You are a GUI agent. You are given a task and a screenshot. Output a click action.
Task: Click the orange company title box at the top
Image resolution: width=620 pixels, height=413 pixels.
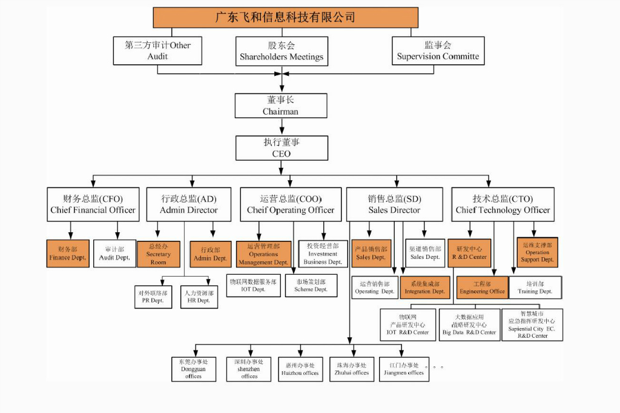click(x=285, y=18)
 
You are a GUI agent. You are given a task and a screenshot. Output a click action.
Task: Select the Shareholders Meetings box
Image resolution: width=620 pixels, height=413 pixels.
click(x=282, y=51)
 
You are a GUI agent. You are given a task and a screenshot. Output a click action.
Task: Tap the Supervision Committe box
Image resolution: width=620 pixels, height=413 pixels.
click(x=438, y=51)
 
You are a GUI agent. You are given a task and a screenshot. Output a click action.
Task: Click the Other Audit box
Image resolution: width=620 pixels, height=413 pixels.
click(x=157, y=51)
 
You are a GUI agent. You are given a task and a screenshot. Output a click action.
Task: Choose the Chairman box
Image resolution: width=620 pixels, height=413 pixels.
click(x=281, y=106)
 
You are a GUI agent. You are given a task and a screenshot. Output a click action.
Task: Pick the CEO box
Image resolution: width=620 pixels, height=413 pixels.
click(x=282, y=148)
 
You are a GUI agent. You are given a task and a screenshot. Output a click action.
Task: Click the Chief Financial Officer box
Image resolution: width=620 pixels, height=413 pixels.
click(x=93, y=204)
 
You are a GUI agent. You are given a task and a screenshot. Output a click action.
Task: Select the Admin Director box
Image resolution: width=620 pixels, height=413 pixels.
click(x=189, y=204)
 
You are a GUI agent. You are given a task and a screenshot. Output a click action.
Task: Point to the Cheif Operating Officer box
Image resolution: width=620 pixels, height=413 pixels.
click(x=291, y=204)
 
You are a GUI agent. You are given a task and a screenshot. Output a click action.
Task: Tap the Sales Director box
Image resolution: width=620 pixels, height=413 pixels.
click(x=395, y=204)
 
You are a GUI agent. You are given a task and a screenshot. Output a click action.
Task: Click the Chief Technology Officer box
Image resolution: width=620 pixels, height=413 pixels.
click(x=503, y=204)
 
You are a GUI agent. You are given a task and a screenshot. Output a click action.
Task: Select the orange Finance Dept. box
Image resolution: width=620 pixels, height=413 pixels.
click(x=68, y=254)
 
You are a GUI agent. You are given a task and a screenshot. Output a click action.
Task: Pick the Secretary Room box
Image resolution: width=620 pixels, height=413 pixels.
click(x=158, y=254)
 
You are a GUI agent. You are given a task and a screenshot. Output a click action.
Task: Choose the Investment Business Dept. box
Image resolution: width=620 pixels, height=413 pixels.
click(x=323, y=254)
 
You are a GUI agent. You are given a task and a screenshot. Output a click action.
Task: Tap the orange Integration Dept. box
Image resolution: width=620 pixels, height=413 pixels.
click(x=424, y=287)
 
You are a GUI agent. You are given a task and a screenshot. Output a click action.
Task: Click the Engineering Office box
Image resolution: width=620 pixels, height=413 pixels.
click(x=482, y=287)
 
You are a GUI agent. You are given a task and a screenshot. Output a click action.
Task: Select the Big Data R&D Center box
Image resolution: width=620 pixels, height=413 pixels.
click(x=469, y=324)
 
